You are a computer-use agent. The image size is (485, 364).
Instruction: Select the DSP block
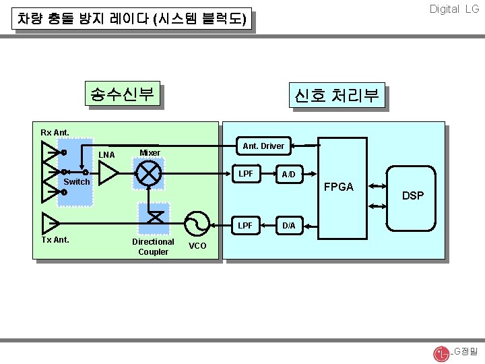click(412, 195)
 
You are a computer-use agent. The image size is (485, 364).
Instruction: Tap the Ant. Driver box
click(263, 146)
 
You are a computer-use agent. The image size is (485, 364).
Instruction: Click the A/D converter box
click(288, 174)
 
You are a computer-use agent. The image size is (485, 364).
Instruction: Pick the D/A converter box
click(288, 225)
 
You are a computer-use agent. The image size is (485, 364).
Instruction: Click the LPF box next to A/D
click(247, 174)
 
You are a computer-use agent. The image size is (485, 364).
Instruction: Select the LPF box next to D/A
click(247, 225)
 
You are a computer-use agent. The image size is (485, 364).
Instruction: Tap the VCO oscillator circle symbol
click(197, 222)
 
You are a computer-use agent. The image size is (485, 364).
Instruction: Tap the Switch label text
click(76, 182)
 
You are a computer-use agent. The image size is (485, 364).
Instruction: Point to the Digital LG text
click(454, 9)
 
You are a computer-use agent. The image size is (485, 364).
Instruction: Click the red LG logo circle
click(441, 353)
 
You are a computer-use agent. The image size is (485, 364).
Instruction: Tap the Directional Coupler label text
click(153, 247)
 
